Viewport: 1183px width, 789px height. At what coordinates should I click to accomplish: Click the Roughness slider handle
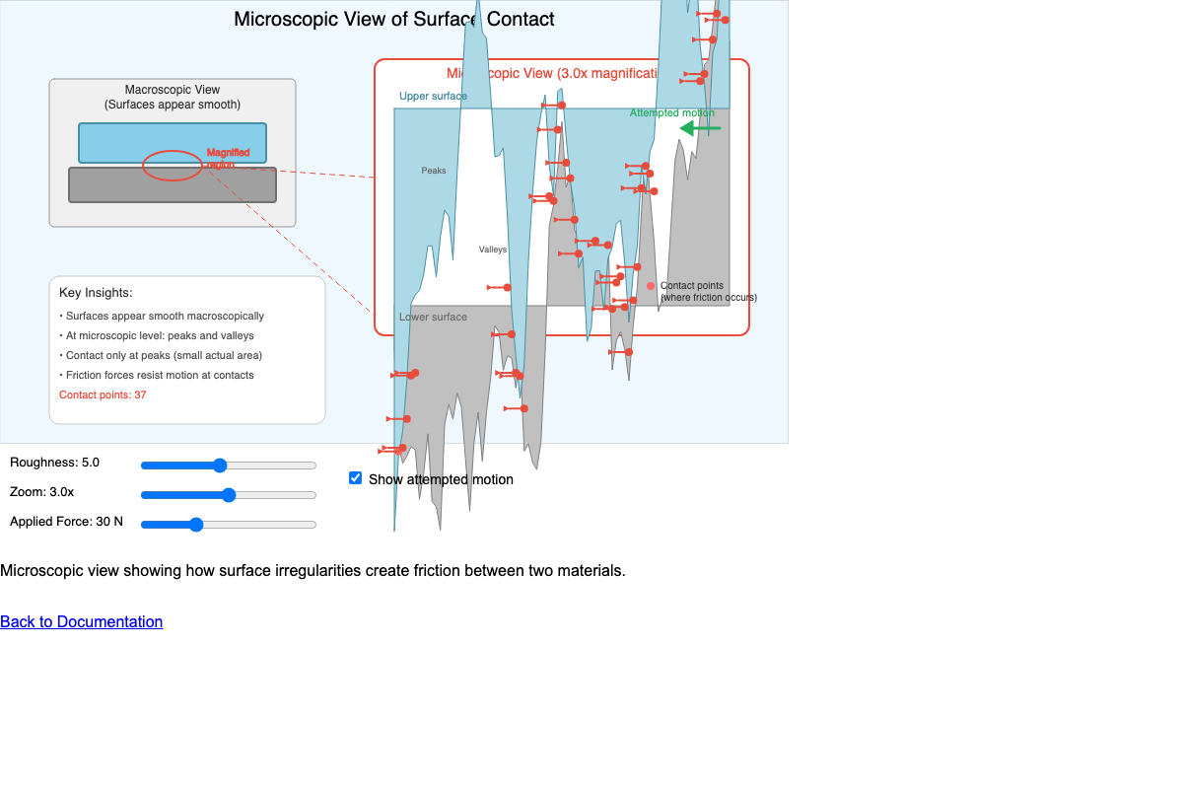[x=220, y=466]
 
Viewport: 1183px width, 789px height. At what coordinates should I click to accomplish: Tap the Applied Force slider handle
[x=196, y=525]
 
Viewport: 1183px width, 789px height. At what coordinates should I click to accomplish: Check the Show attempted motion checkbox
[x=356, y=478]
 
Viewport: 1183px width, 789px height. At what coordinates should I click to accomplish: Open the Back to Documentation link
[x=82, y=621]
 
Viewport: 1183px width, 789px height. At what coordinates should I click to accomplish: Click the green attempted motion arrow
[x=701, y=128]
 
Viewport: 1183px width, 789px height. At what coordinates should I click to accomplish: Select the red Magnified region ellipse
[x=173, y=166]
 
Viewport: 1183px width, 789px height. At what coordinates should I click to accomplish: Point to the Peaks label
[x=434, y=171]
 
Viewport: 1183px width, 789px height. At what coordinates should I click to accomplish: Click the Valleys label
[x=493, y=250]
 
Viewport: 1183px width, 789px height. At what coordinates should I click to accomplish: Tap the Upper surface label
[x=433, y=97]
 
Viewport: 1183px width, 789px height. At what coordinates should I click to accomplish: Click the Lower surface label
[x=433, y=318]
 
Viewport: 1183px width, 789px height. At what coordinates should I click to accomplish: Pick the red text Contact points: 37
[x=103, y=395]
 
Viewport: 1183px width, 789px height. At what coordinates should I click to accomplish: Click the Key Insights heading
[x=96, y=293]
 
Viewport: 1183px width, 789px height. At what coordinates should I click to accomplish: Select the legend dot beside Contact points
[x=651, y=286]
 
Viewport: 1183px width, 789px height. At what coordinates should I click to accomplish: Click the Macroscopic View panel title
[x=173, y=90]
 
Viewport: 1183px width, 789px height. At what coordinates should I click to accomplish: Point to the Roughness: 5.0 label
[x=55, y=463]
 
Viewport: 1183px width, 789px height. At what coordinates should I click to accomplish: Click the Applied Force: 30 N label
[x=67, y=522]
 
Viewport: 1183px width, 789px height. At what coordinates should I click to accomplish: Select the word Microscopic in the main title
[x=280, y=20]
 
